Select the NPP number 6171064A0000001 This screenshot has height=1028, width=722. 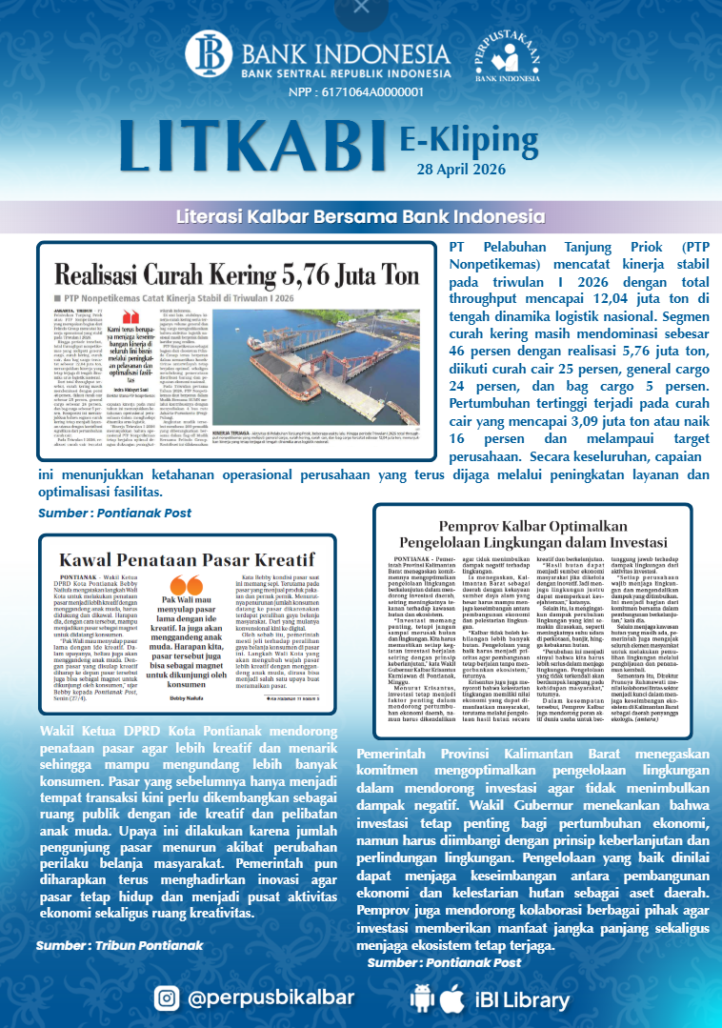(355, 92)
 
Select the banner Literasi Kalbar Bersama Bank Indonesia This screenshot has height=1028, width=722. (360, 216)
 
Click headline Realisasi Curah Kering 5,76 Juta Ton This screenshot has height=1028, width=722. (237, 276)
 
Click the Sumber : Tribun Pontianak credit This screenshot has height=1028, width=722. (119, 945)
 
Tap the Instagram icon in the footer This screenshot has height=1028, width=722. (166, 998)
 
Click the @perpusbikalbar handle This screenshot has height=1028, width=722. (271, 998)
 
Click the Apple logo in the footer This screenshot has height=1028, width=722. (452, 998)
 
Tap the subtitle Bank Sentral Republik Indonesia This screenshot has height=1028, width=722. (332, 71)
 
